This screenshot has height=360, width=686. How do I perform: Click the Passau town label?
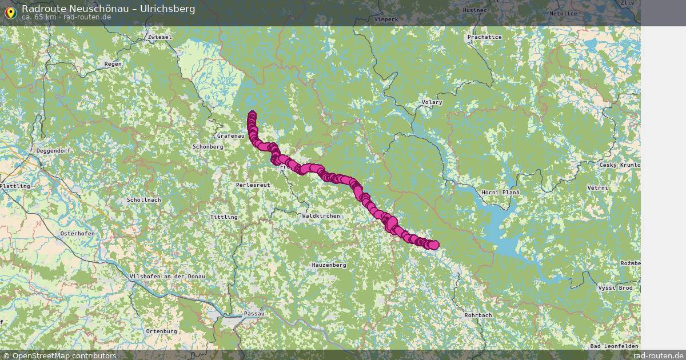(254, 314)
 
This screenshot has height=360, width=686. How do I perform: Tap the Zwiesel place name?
(159, 37)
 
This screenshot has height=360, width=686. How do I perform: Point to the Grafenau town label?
(230, 136)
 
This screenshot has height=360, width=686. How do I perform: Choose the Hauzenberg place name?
(329, 266)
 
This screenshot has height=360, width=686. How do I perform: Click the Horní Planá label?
(500, 193)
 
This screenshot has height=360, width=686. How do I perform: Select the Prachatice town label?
(484, 37)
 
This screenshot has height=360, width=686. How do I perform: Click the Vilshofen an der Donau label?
(167, 277)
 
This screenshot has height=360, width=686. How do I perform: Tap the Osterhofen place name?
(77, 234)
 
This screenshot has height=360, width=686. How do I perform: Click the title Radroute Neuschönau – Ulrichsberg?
(108, 9)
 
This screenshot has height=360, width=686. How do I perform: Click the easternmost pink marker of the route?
(434, 245)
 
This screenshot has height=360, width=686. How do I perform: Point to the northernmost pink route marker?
(252, 115)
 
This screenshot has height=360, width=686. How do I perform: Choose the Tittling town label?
(224, 217)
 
